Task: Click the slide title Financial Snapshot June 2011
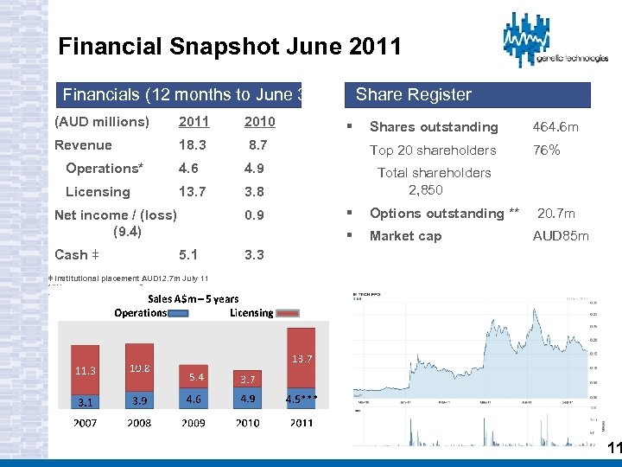[x=229, y=46]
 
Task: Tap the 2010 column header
[x=259, y=122]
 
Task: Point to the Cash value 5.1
[x=187, y=255]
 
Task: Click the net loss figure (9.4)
[x=127, y=231]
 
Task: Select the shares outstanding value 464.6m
[x=555, y=127]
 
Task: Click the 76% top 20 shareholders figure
[x=546, y=150]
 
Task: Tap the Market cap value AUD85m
[x=561, y=236]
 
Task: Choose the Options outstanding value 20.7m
[x=556, y=213]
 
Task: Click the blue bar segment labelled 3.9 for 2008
[x=139, y=399]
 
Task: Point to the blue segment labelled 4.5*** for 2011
[x=301, y=400]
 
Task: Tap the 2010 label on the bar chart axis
[x=249, y=423]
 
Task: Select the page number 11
[x=614, y=448]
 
